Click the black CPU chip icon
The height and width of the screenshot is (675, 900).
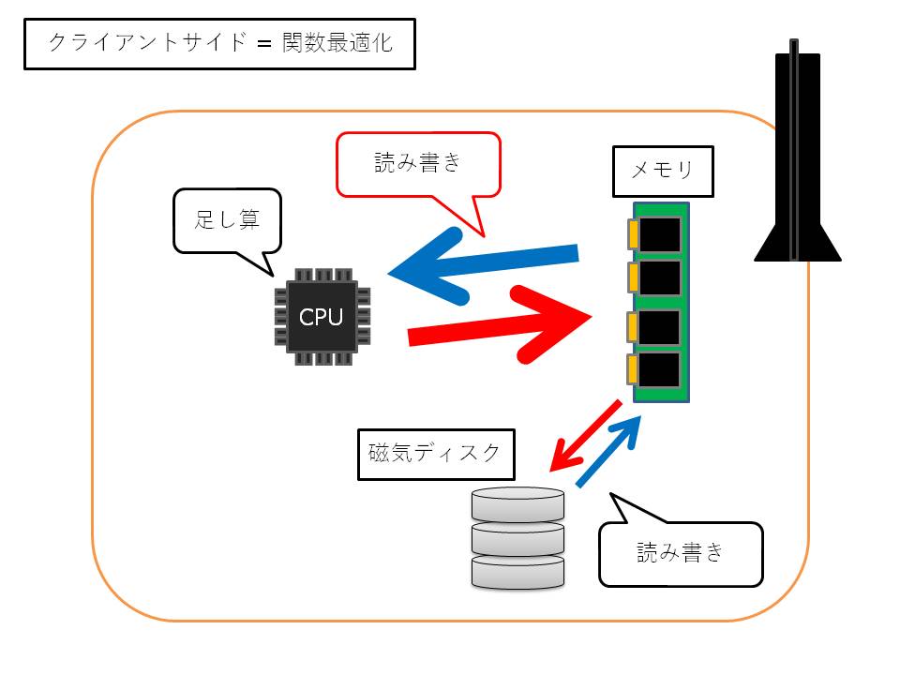tap(322, 317)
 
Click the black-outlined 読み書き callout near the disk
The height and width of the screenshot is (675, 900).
tap(681, 553)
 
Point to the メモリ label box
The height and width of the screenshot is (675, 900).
tap(662, 171)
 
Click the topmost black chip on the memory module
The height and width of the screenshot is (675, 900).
tap(661, 232)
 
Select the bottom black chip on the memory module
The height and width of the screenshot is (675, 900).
tap(661, 370)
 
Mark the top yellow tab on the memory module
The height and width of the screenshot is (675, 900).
tap(635, 232)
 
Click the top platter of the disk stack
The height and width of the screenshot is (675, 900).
tap(518, 504)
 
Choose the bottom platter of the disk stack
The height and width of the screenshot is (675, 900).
tap(518, 570)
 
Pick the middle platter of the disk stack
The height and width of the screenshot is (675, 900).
tap(518, 537)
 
